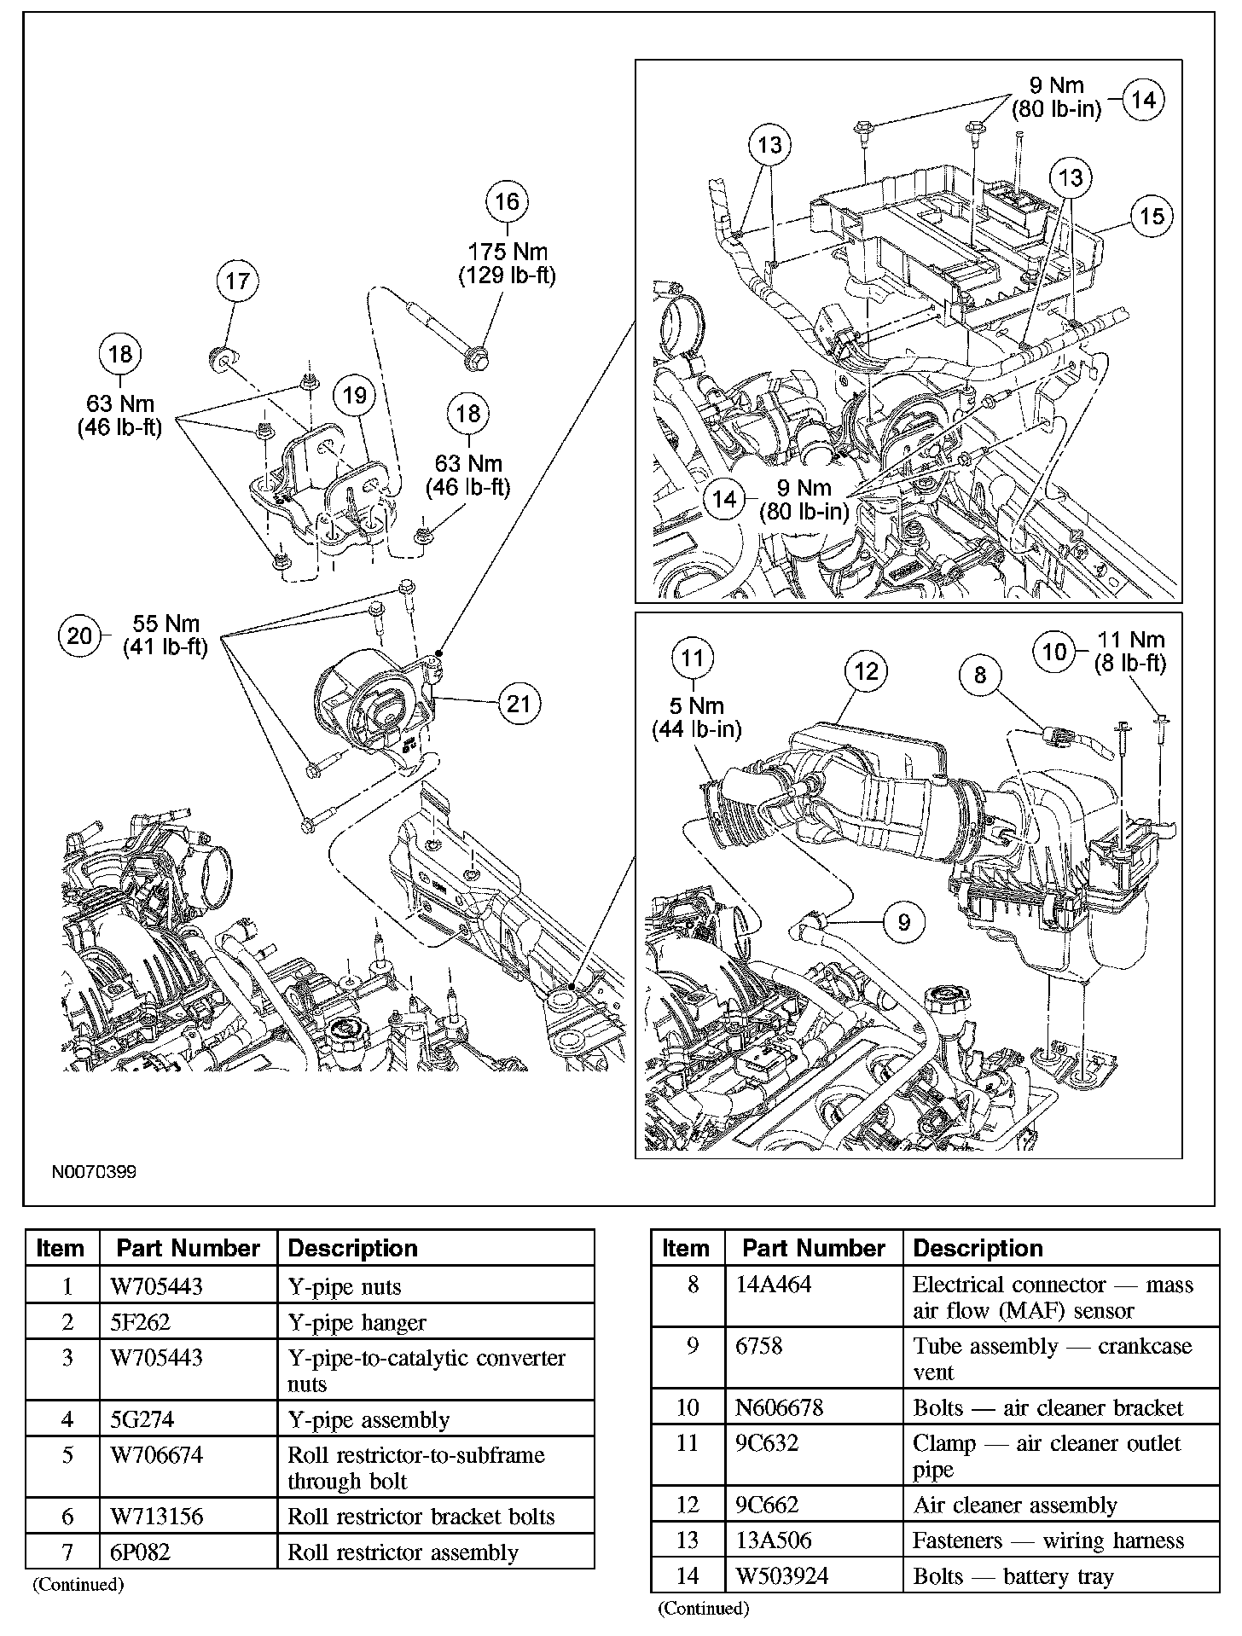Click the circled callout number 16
pos(507,201)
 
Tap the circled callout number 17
pos(237,281)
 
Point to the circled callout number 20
pos(79,635)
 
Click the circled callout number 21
pos(519,704)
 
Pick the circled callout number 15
pos(1152,216)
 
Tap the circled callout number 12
pos(866,671)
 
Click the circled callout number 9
pos(904,921)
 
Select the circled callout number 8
pos(979,675)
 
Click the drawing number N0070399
pos(94,1171)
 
